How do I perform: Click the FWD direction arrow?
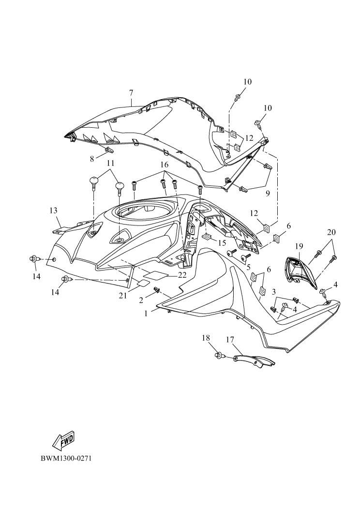(64, 440)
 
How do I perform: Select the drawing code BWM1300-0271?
(66, 458)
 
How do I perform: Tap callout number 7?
(131, 92)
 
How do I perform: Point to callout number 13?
(53, 210)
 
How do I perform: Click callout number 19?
(299, 246)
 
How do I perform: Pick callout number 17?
(230, 339)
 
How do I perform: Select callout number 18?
(206, 338)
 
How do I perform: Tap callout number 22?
(182, 275)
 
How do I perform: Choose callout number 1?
(146, 314)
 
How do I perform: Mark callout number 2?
(141, 300)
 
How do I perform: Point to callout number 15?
(222, 242)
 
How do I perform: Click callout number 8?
(92, 159)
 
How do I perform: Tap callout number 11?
(111, 162)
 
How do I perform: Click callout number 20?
(331, 232)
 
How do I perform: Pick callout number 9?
(268, 194)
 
